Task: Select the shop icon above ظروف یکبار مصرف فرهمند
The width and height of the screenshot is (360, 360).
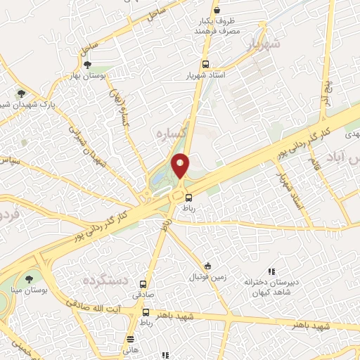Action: (217, 10)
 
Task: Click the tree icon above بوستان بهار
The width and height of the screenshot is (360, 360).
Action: (87, 65)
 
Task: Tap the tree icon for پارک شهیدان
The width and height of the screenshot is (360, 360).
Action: (22, 94)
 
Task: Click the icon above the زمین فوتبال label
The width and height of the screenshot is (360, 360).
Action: (207, 266)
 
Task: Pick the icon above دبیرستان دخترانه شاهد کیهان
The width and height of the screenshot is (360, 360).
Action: (271, 272)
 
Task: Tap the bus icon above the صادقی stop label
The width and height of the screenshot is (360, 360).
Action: (144, 285)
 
